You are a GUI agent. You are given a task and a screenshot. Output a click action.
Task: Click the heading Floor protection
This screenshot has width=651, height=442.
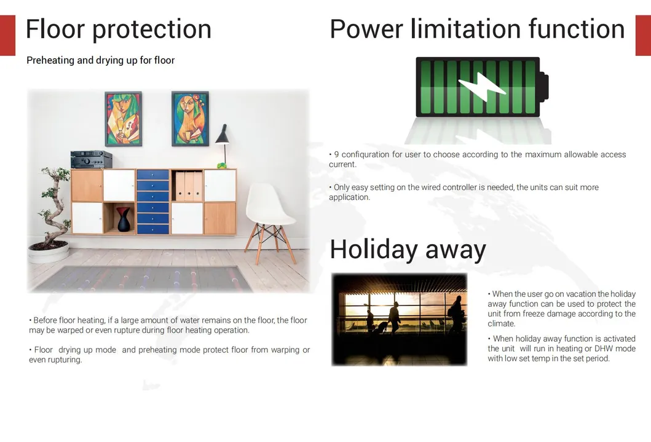click(119, 30)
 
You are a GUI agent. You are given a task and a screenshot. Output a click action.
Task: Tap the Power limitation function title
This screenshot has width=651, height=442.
click(477, 30)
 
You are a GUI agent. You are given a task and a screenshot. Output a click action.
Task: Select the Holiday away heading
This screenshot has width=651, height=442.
click(408, 250)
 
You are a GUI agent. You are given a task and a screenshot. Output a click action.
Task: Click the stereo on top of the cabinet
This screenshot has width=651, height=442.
click(91, 160)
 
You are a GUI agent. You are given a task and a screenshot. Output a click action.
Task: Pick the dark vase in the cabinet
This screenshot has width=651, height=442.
click(124, 219)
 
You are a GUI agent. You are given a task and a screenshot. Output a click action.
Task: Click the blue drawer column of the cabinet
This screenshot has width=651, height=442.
click(152, 202)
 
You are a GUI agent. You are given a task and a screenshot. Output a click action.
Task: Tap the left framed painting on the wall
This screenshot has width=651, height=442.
click(123, 119)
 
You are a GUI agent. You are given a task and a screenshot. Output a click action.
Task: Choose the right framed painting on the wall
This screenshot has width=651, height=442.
click(190, 119)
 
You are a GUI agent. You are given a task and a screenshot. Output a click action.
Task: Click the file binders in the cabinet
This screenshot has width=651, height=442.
click(189, 186)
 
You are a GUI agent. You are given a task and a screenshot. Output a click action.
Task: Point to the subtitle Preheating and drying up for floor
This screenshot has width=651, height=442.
click(100, 60)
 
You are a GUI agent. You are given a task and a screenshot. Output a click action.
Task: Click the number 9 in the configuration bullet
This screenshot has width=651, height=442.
click(336, 154)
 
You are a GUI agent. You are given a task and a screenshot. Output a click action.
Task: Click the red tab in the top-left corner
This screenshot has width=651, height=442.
click(7, 35)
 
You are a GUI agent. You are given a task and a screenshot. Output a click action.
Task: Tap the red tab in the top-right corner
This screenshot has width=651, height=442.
click(643, 35)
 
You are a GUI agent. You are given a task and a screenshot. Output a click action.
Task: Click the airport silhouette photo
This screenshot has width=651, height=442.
click(399, 319)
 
